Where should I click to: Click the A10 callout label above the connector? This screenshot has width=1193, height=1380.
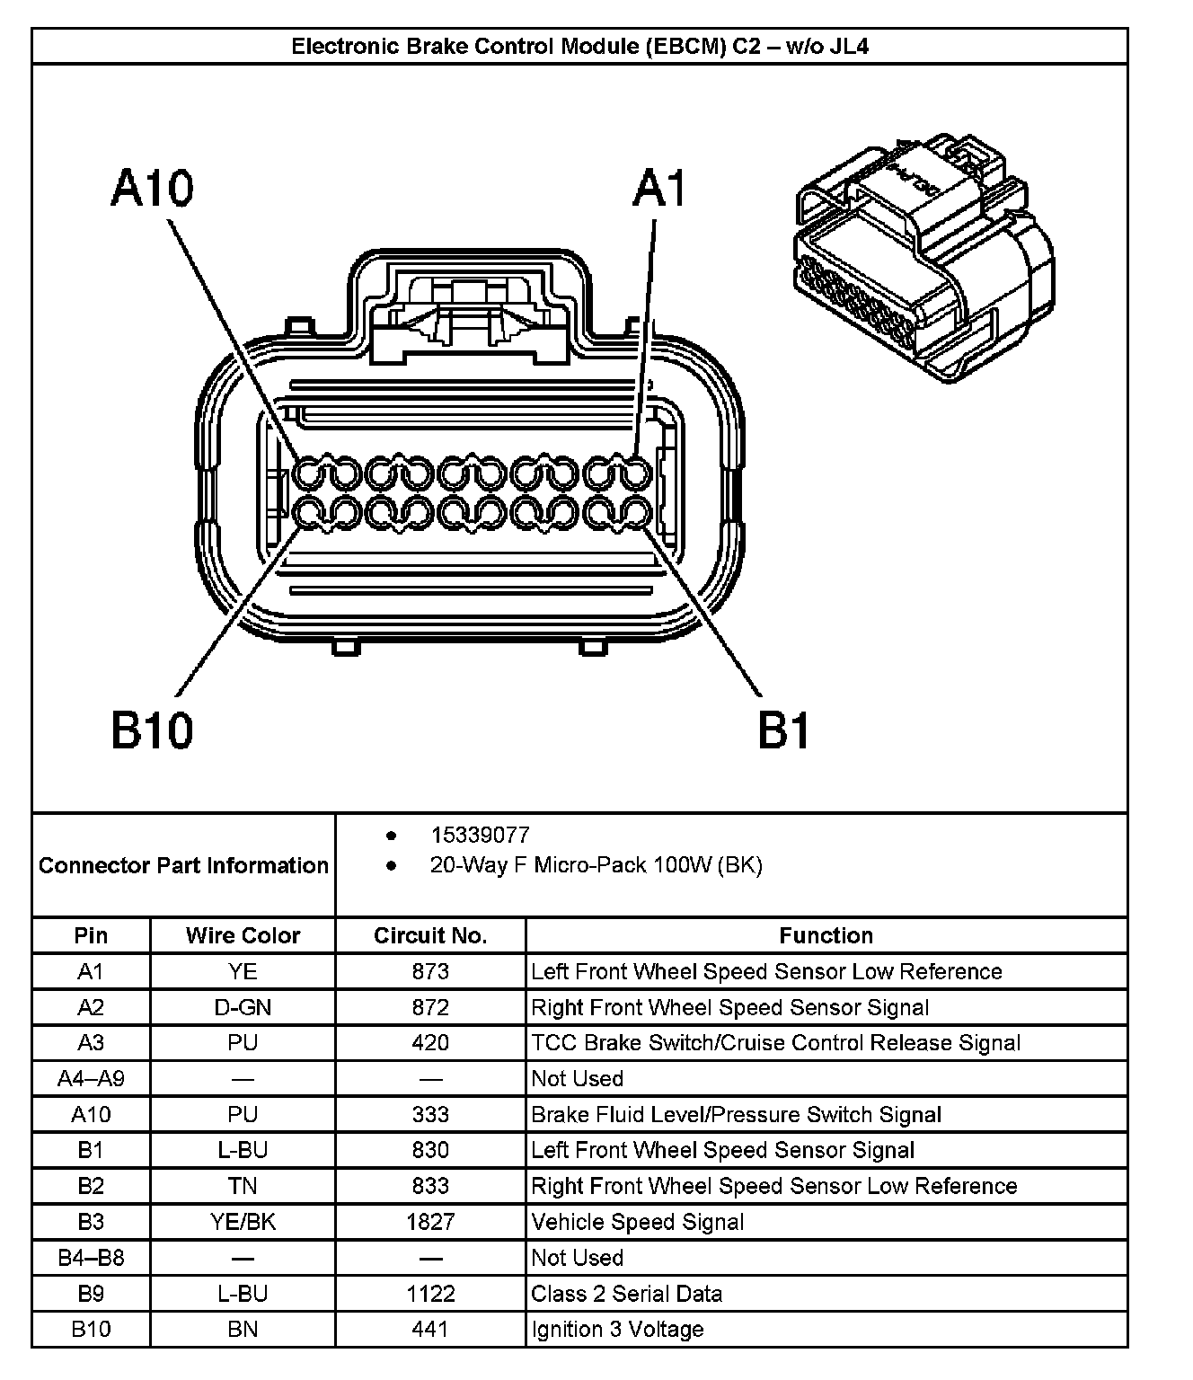[x=152, y=190]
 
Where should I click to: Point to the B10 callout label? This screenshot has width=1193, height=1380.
[x=152, y=730]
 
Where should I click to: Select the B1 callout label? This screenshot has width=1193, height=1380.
[x=783, y=730]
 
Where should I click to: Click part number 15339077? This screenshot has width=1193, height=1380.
[x=480, y=836]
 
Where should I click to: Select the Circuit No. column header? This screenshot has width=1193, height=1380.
[x=430, y=936]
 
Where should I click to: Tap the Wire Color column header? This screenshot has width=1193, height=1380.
[x=243, y=936]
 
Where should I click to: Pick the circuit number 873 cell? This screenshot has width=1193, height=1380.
[x=430, y=971]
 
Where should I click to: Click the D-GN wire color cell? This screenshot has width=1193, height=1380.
[x=243, y=1007]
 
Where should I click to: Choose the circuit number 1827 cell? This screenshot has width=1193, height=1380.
[x=430, y=1222]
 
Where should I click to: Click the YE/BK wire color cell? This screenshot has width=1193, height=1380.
[x=243, y=1222]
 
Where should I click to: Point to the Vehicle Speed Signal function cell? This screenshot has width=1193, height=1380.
[x=638, y=1222]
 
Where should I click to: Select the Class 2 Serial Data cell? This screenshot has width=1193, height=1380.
[x=627, y=1294]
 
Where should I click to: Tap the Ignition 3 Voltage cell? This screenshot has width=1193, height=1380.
[x=618, y=1329]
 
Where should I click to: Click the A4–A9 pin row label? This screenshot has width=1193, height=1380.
[x=91, y=1078]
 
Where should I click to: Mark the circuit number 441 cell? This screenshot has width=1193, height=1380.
[x=430, y=1329]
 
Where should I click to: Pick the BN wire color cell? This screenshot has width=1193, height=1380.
[x=243, y=1329]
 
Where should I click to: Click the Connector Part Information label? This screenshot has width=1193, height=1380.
[x=183, y=865]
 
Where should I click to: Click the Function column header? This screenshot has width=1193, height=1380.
[x=826, y=936]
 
